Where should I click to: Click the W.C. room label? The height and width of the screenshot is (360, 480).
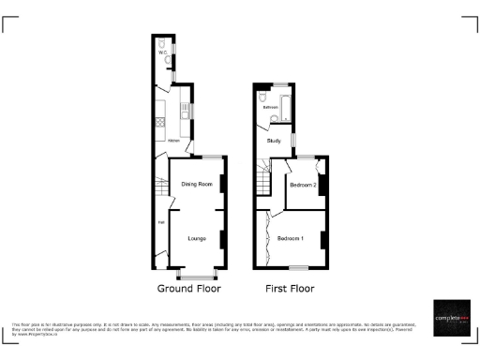[162, 53]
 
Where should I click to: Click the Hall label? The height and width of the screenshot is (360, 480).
[160, 222]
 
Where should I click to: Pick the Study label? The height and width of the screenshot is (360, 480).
[274, 141]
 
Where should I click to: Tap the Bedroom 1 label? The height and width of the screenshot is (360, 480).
[291, 237]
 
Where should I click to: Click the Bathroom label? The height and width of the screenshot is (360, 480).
[271, 108]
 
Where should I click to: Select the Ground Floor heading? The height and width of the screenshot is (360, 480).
[187, 289]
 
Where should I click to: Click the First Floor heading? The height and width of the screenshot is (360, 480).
[290, 289]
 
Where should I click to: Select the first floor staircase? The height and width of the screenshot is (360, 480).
[262, 180]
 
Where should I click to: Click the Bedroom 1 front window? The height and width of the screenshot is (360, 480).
[298, 268]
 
